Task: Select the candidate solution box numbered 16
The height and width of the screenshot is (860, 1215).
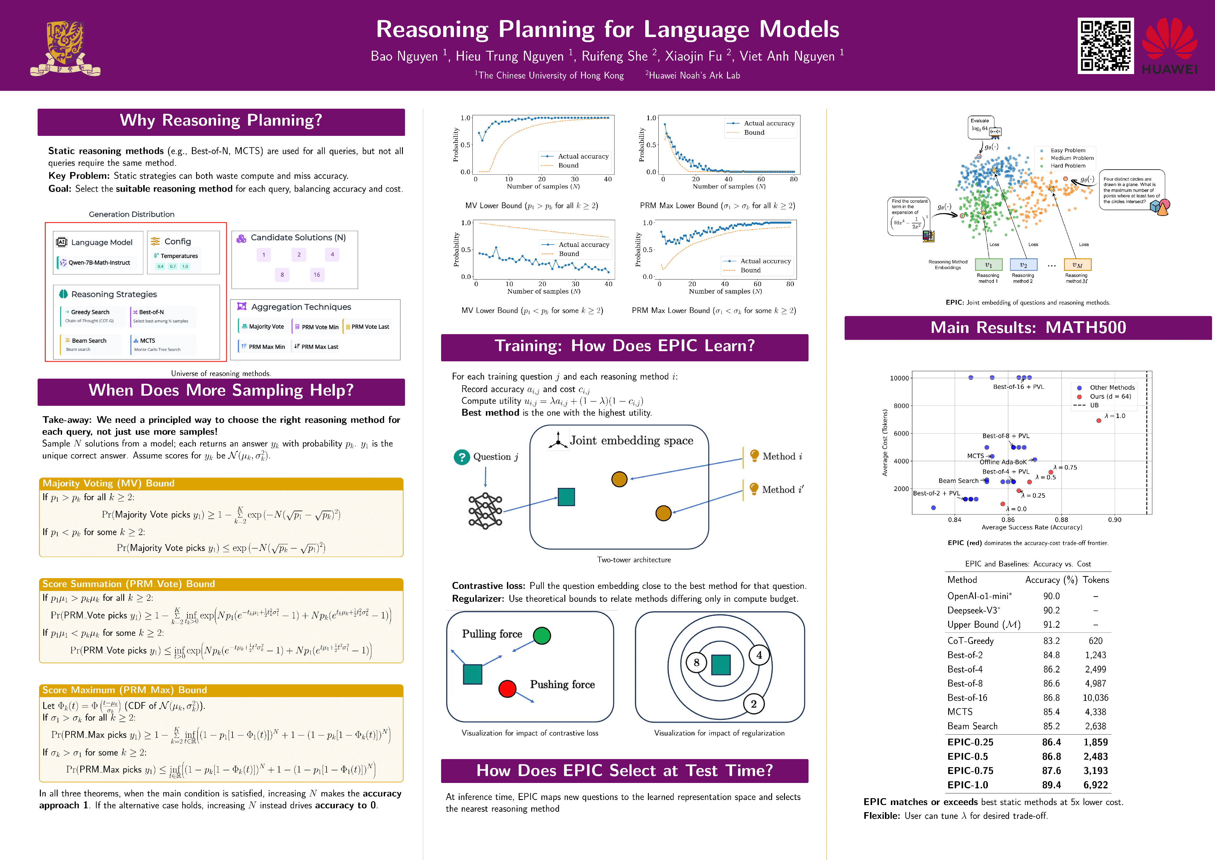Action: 316,275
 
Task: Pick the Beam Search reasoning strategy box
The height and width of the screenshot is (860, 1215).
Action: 90,344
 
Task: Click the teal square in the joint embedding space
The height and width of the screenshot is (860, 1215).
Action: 566,497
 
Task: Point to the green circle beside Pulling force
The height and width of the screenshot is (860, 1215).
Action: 542,635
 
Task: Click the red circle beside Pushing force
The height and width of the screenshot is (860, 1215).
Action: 507,689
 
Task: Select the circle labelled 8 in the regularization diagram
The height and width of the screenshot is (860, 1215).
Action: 696,663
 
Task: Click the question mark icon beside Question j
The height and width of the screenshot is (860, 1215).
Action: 461,457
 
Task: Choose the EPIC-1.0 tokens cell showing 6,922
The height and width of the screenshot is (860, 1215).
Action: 1095,785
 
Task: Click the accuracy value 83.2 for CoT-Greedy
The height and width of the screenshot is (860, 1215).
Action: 1051,641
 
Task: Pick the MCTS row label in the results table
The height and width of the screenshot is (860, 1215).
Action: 960,712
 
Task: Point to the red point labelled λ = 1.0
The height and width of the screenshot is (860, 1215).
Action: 1099,420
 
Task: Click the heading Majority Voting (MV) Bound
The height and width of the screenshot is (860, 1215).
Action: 108,483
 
